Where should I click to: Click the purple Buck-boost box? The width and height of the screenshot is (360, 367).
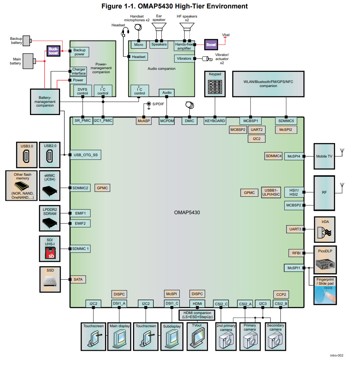pyautogui.click(x=53, y=51)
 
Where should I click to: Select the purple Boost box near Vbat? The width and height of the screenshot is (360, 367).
pyautogui.click(x=211, y=45)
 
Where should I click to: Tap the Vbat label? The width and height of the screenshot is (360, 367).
pyautogui.click(x=226, y=35)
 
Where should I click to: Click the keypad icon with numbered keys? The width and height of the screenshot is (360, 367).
pyautogui.click(x=215, y=87)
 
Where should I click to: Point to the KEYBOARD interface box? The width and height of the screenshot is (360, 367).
pyautogui.click(x=215, y=121)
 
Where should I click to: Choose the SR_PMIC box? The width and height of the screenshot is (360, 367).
pyautogui.click(x=82, y=120)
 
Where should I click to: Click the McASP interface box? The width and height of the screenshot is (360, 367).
pyautogui.click(x=144, y=121)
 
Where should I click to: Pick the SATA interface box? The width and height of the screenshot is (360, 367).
pyautogui.click(x=78, y=279)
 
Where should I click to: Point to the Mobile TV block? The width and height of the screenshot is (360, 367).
pyautogui.click(x=324, y=156)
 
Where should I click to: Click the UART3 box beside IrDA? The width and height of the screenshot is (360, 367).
pyautogui.click(x=295, y=229)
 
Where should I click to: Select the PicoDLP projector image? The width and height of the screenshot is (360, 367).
pyautogui.click(x=325, y=263)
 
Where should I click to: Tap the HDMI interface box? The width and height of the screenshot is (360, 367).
pyautogui.click(x=197, y=304)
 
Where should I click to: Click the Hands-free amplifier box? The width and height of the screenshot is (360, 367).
pyautogui.click(x=184, y=46)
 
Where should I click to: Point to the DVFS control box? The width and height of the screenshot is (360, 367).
pyautogui.click(x=83, y=91)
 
